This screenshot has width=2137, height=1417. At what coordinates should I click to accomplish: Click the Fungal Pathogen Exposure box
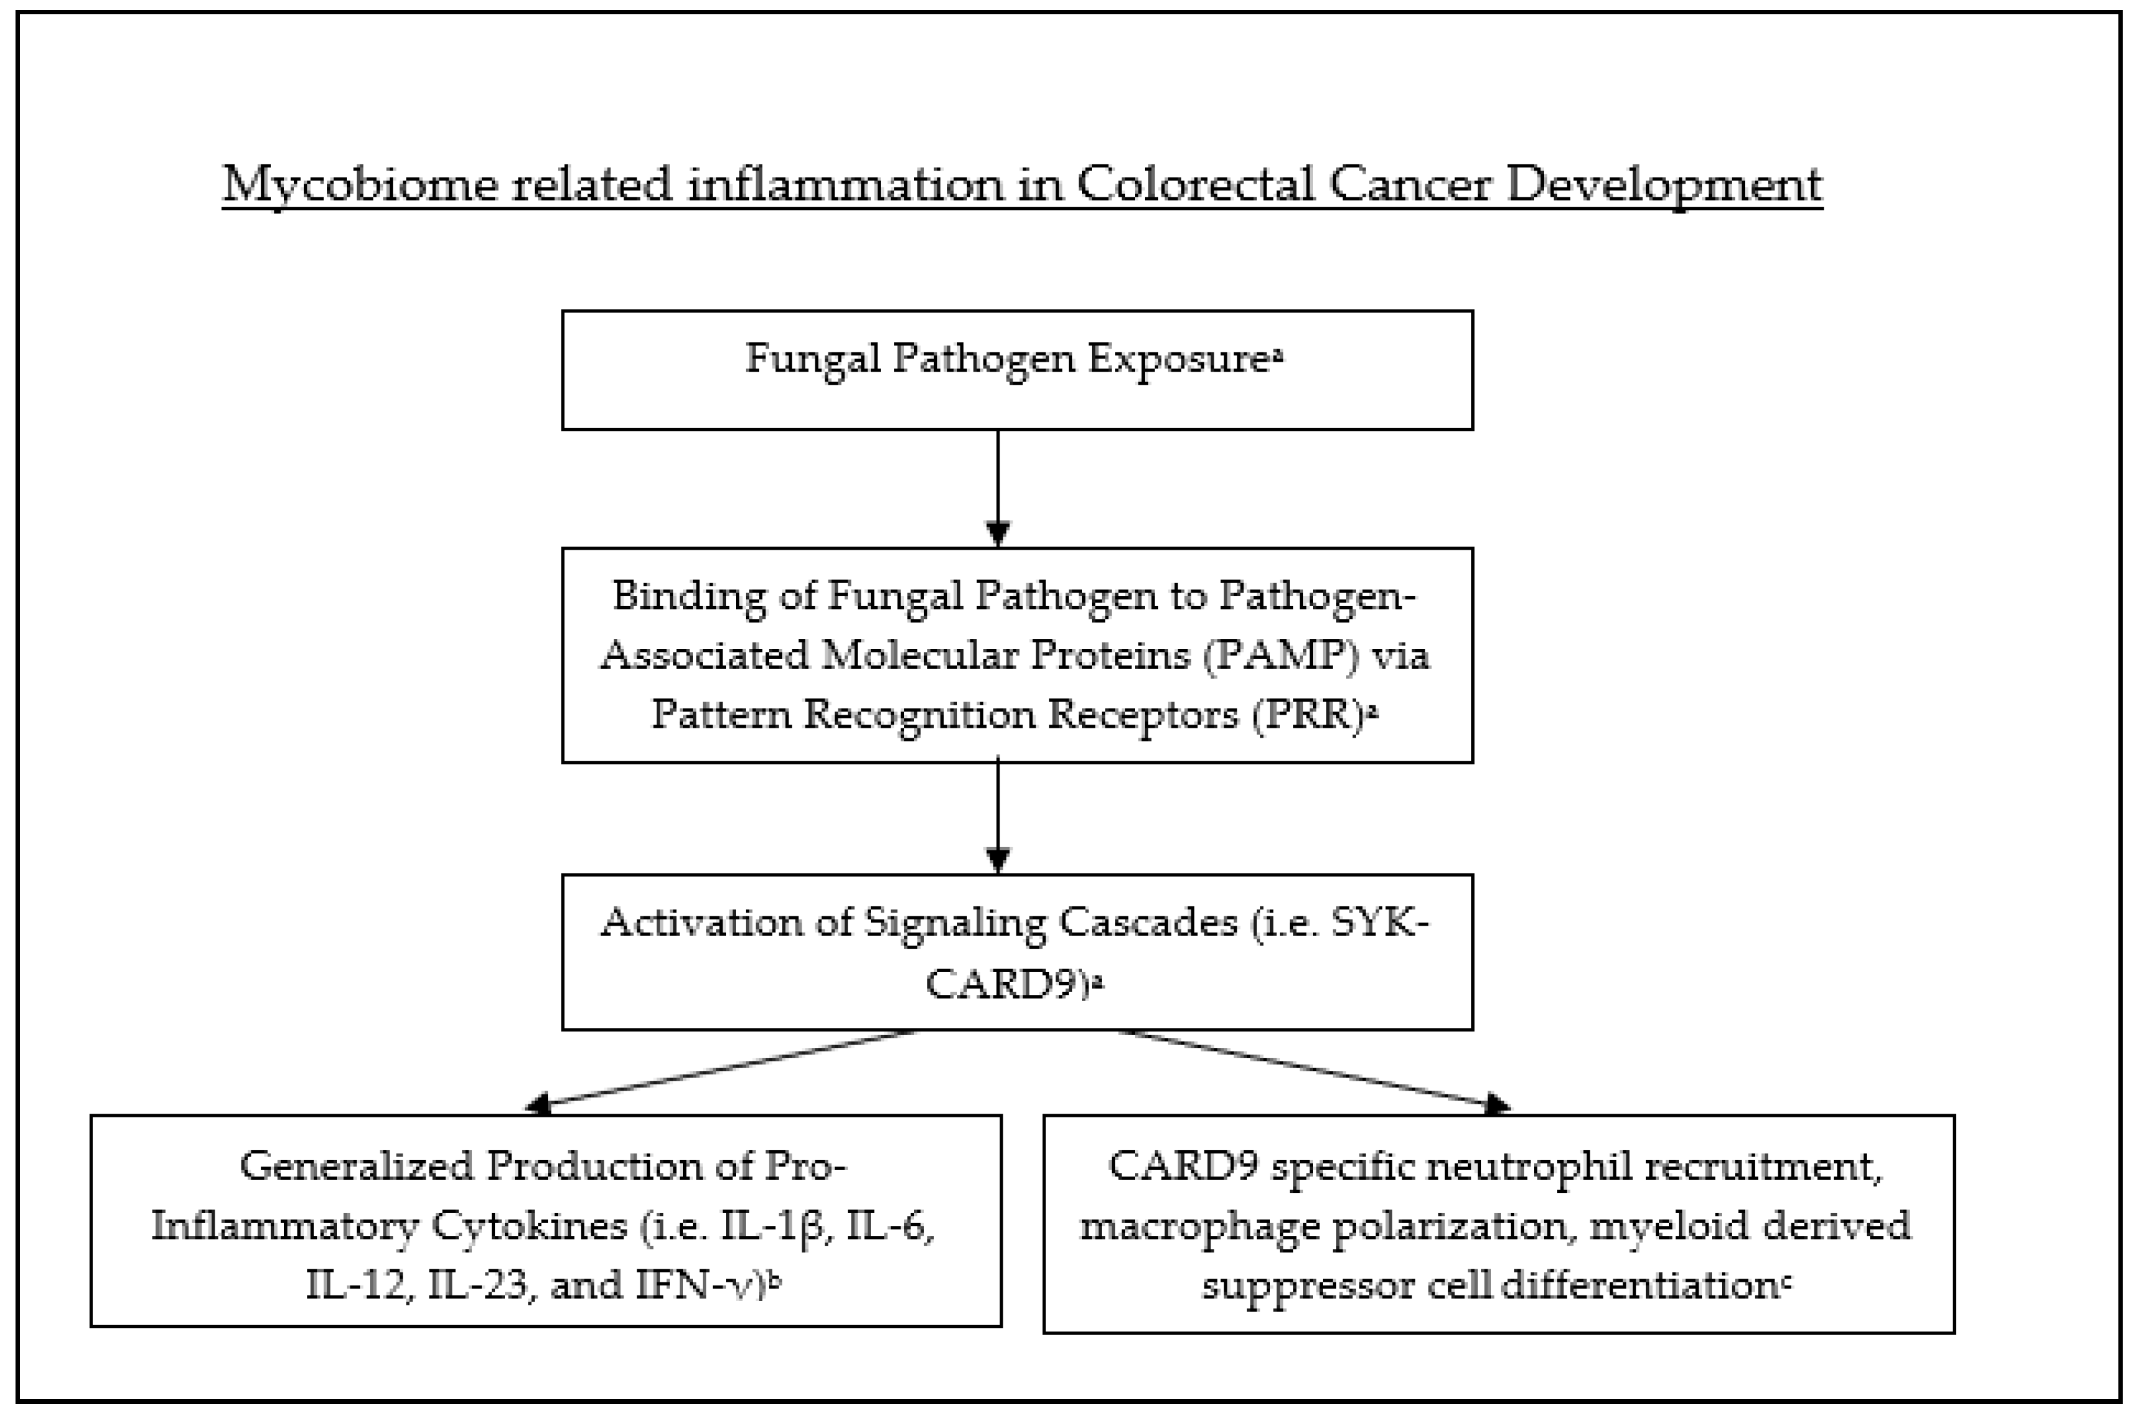pos(1016,370)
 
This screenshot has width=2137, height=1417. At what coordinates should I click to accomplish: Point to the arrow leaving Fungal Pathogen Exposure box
pos(998,488)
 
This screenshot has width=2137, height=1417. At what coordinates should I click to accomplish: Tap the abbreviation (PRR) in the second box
pos(1310,714)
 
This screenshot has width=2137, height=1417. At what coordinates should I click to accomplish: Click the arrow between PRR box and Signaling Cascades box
pos(998,818)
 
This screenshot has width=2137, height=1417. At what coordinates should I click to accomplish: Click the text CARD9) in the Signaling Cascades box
pos(1005,982)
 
